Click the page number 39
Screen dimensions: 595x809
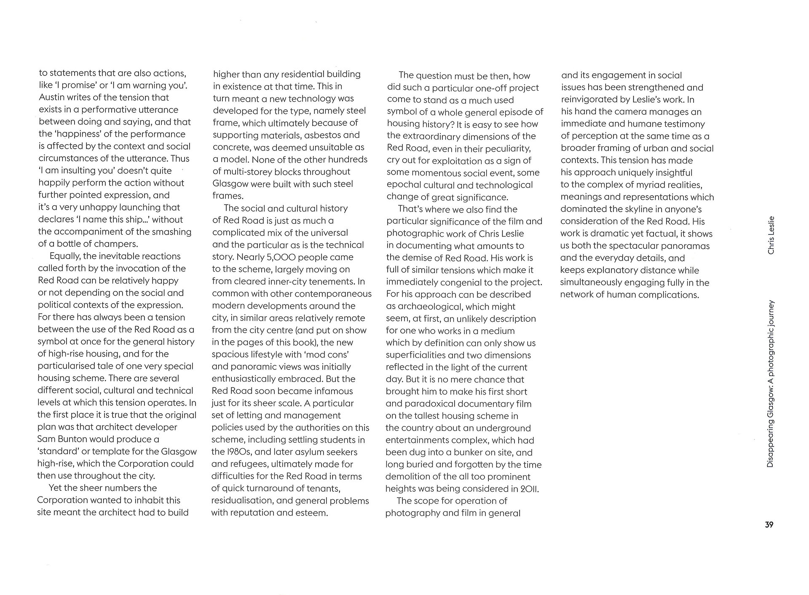[x=769, y=525]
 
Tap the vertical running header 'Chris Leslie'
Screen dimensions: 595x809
[x=771, y=235]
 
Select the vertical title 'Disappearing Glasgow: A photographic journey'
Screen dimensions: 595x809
[x=771, y=384]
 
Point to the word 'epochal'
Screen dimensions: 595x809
[x=403, y=185]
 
